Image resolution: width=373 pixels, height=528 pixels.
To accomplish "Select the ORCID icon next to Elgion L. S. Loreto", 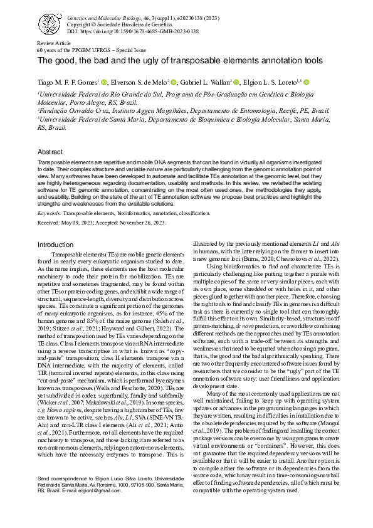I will pyautogui.click(x=307, y=82).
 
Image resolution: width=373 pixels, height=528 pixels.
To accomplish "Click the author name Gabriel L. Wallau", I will pyautogui.click(x=204, y=82).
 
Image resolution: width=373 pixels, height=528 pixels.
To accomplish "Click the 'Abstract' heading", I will pyautogui.click(x=50, y=152).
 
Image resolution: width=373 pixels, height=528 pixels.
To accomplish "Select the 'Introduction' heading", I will pyautogui.click(x=55, y=245).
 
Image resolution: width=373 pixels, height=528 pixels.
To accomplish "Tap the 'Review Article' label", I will pyautogui.click(x=55, y=43).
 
